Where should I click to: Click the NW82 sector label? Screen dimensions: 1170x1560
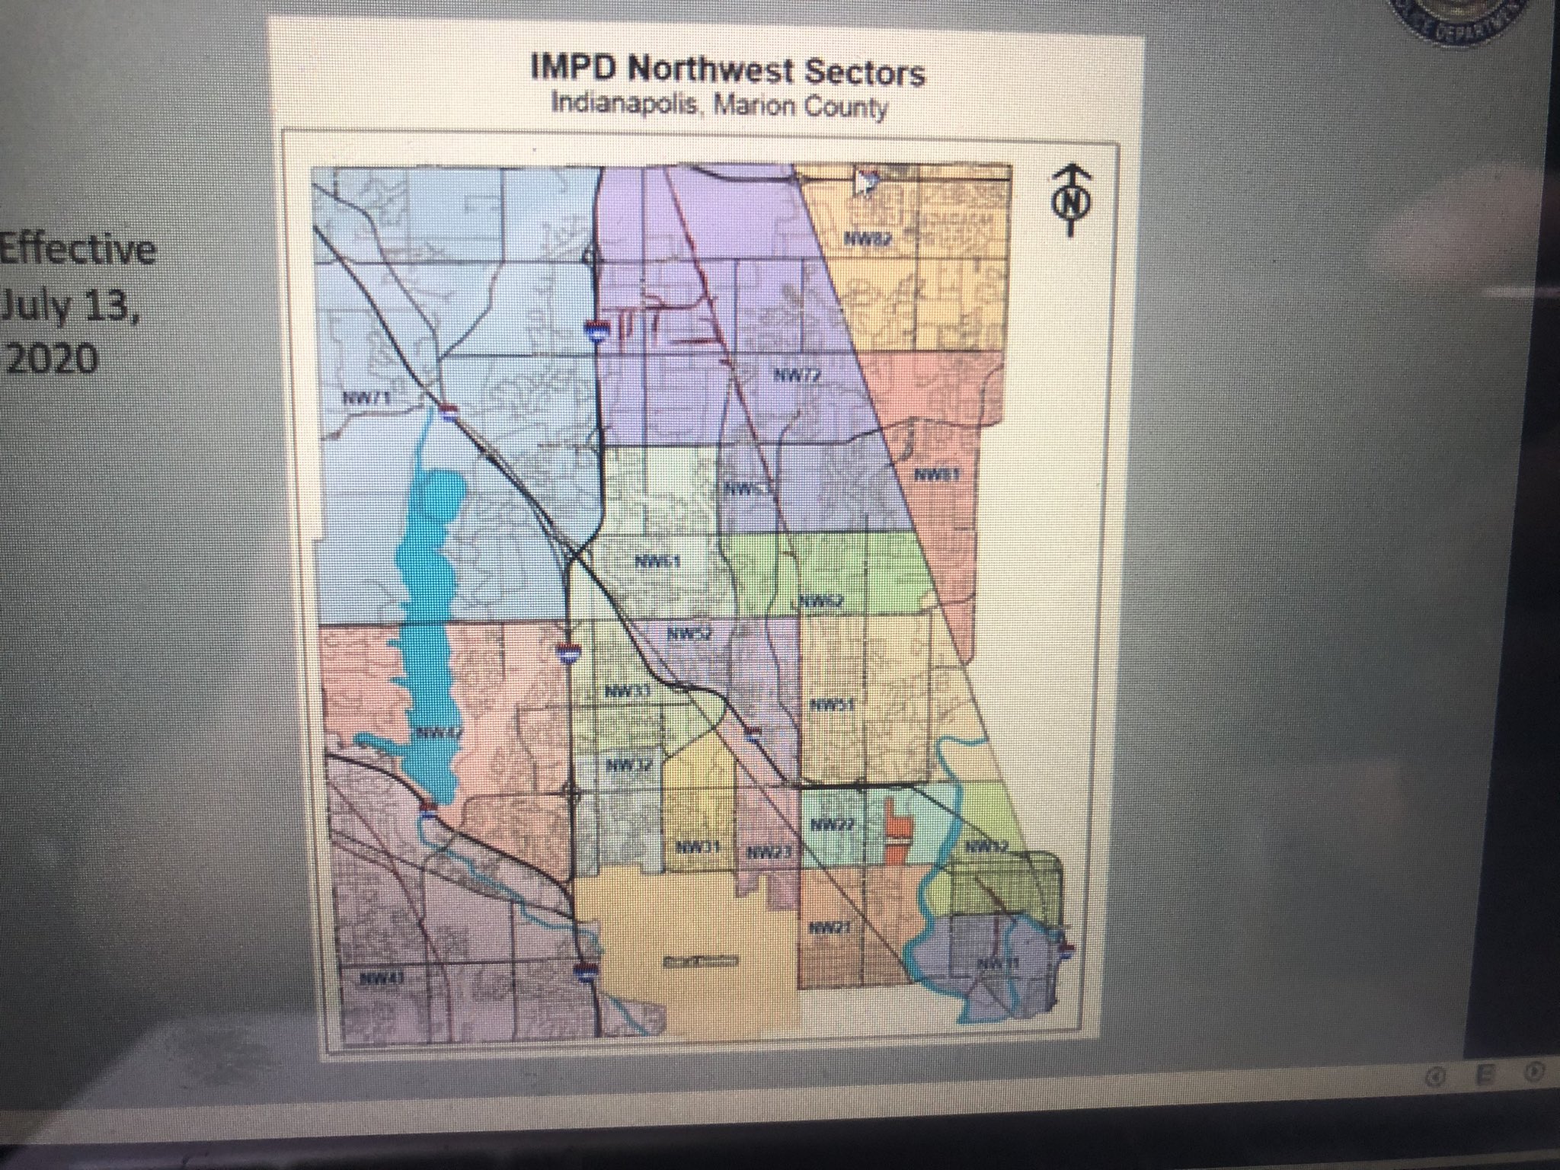(x=868, y=238)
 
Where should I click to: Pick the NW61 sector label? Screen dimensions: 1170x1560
(x=657, y=562)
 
